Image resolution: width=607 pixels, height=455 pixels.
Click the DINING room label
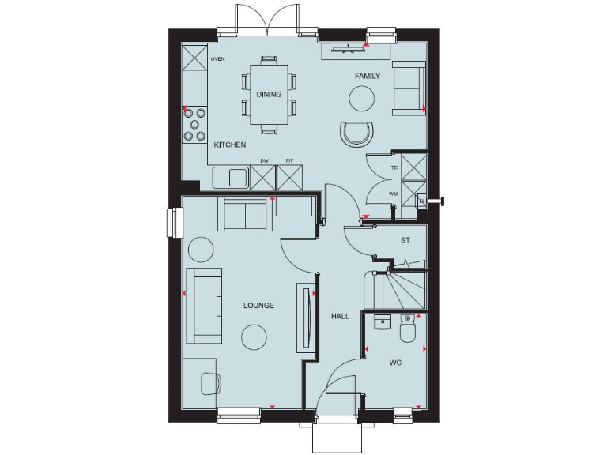point(269,94)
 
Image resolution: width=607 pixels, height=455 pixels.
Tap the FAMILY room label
point(368,77)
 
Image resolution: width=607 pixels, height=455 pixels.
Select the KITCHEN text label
point(230,145)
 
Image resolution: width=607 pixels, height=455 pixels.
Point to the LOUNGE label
point(258,305)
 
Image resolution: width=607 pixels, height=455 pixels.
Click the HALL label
point(340,316)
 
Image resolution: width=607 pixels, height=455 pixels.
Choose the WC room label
point(396,364)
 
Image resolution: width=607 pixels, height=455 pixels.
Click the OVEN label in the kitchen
point(218,59)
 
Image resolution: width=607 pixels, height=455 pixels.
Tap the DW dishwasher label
point(265,161)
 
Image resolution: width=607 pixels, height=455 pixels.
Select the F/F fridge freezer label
point(289,161)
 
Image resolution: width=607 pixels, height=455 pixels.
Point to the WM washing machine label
point(393,194)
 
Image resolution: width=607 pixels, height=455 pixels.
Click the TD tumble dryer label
point(394,168)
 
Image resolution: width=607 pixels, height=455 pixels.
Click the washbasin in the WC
point(381,323)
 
